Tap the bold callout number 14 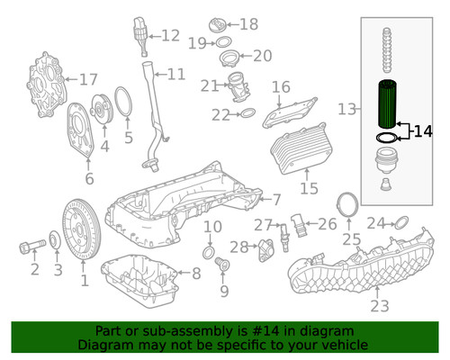(424, 132)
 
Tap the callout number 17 (87, 80)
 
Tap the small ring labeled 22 (244, 114)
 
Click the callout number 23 (380, 306)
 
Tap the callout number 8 (195, 273)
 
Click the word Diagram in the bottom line (107, 344)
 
